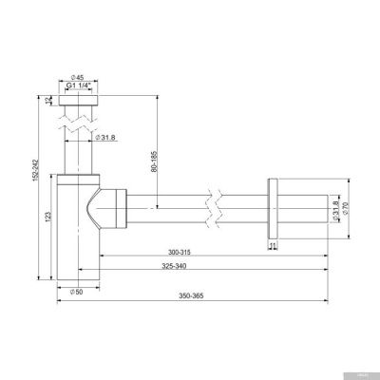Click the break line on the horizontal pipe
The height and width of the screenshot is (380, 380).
[x=217, y=202]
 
